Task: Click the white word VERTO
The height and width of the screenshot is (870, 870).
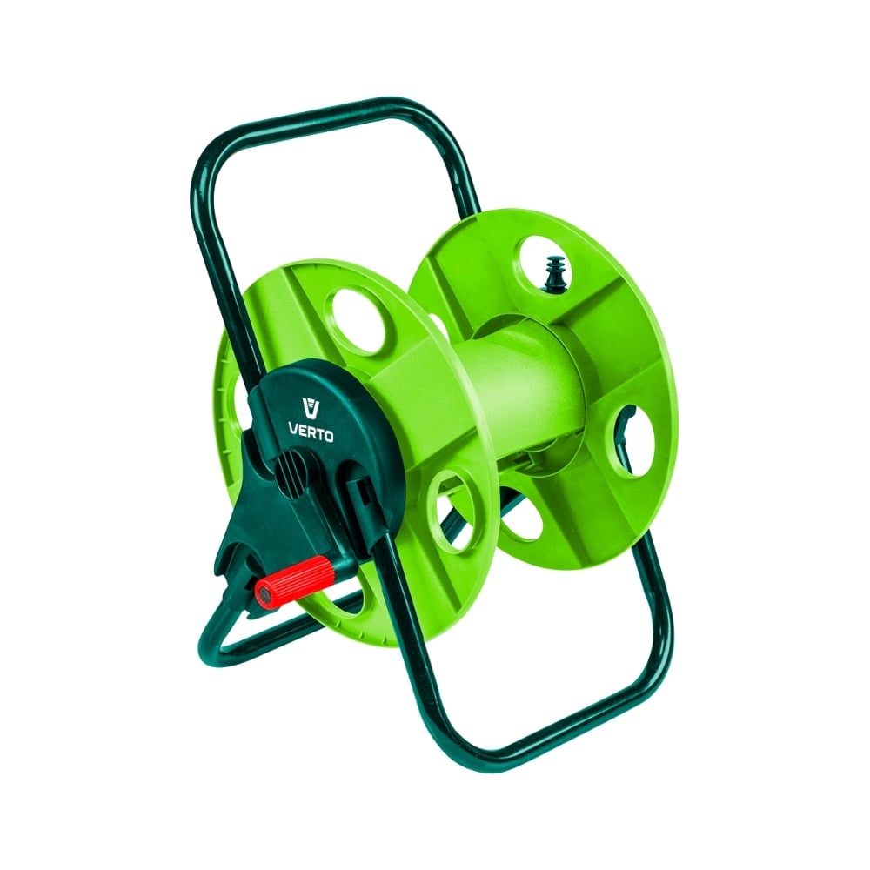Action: click(311, 432)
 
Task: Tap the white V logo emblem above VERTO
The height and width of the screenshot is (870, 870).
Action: click(311, 408)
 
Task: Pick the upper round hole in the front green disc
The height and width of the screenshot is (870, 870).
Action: click(359, 321)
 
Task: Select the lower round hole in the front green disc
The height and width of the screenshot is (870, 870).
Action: click(454, 511)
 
